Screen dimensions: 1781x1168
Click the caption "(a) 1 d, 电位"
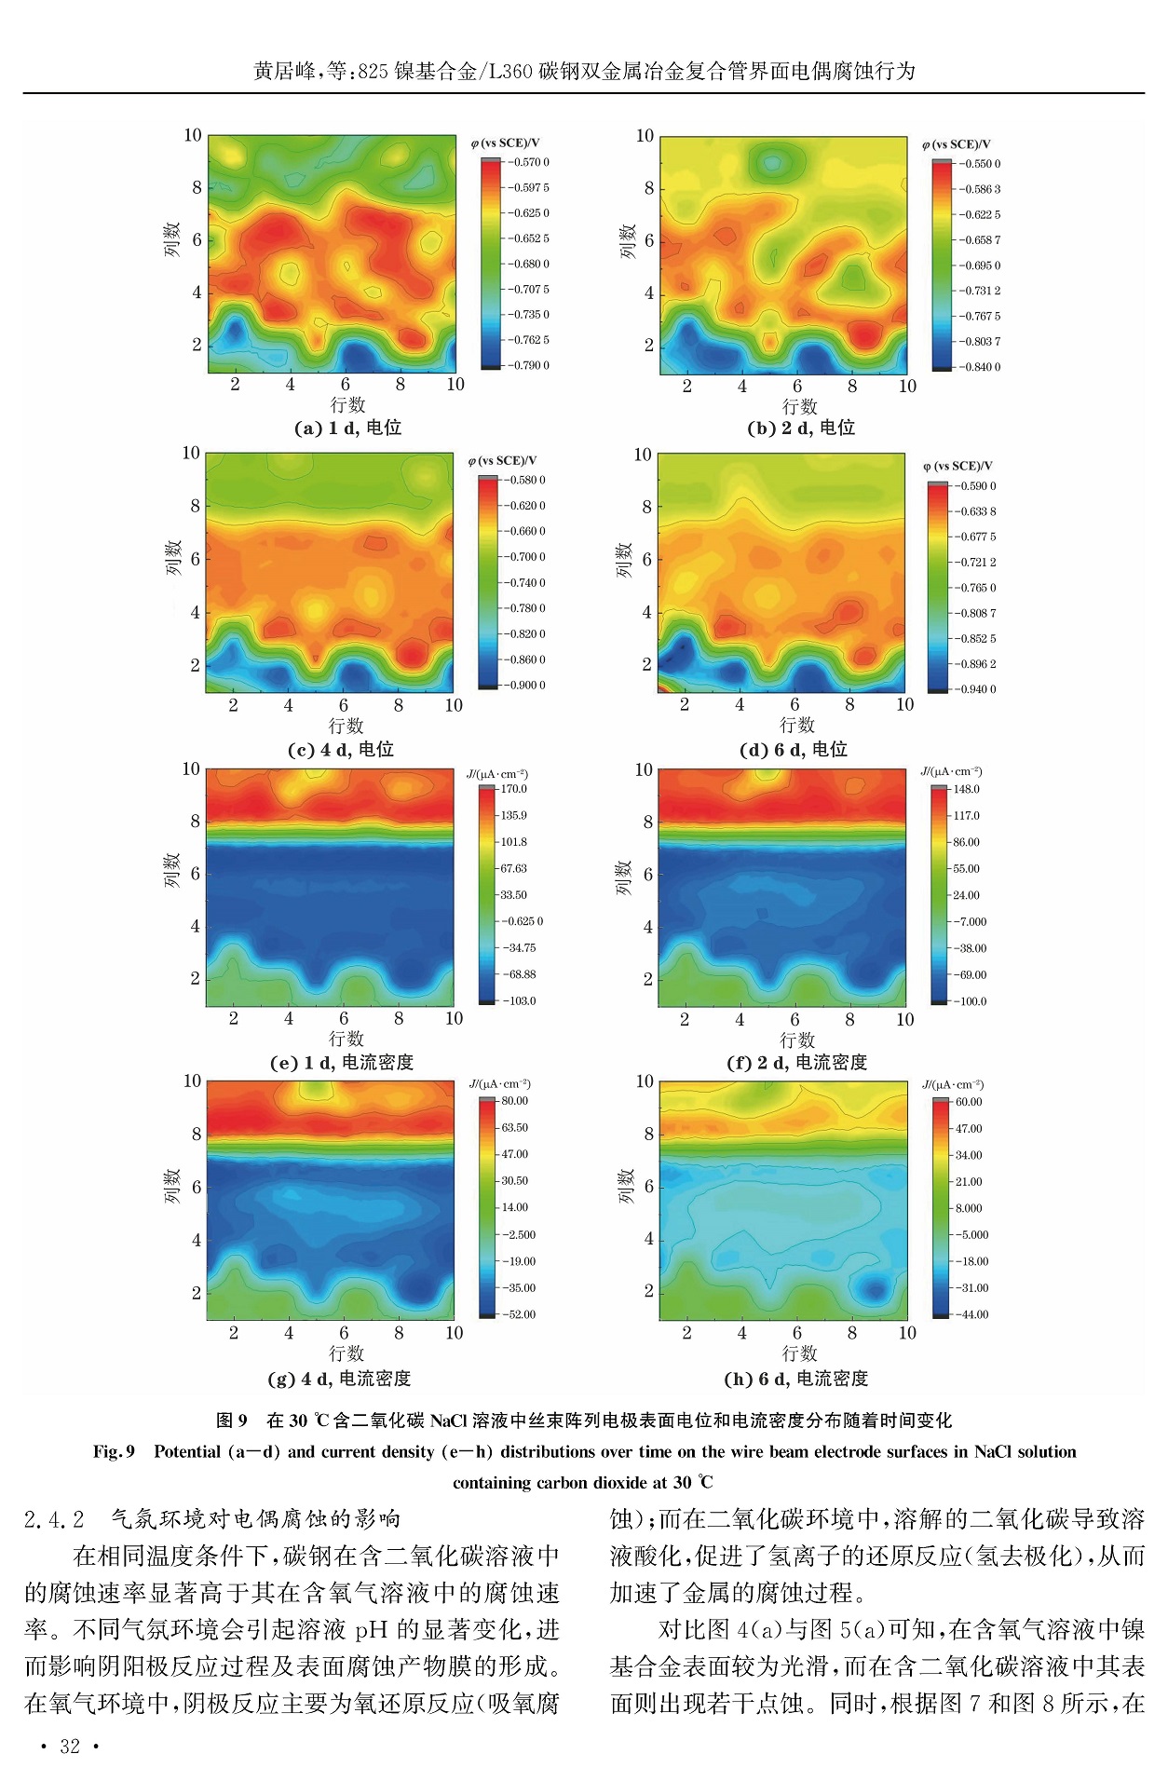tap(347, 428)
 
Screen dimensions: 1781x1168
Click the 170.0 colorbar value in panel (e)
tap(514, 789)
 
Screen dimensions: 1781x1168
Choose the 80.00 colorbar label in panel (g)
tap(514, 1101)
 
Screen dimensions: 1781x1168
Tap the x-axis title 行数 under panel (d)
tap(797, 725)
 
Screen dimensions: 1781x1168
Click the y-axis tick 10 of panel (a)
tap(192, 136)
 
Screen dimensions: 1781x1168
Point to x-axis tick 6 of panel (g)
tap(344, 1333)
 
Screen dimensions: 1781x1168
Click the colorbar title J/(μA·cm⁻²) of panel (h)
tap(952, 1084)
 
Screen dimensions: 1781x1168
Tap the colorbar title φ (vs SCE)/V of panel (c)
tap(502, 461)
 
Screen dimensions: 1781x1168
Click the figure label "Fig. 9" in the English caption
tap(114, 1451)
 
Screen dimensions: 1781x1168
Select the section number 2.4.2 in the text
tap(54, 1519)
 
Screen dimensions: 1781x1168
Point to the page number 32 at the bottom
tap(70, 1747)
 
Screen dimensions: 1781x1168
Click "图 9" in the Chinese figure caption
tap(232, 1421)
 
